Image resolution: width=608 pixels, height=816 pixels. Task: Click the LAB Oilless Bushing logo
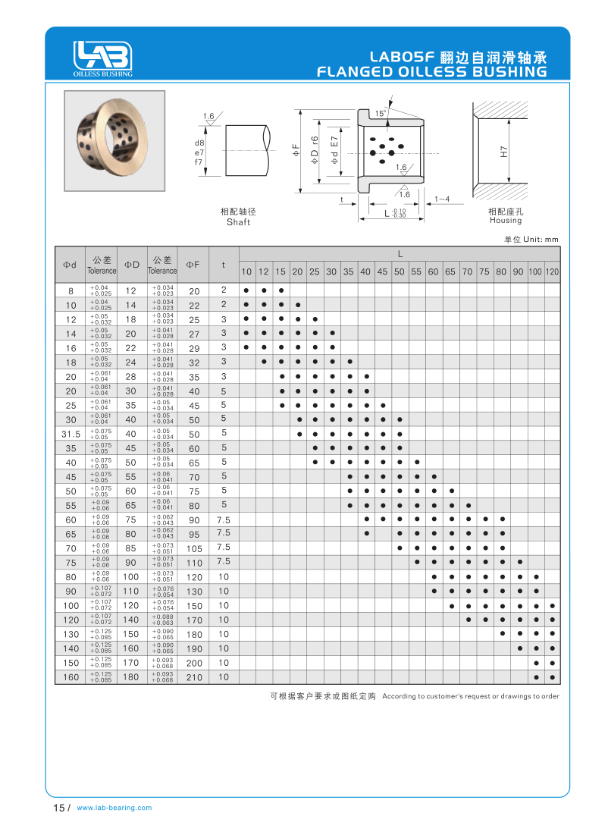click(102, 58)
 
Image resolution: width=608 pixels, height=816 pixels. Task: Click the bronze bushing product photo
click(114, 140)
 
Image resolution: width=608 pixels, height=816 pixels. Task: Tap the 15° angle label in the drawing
click(381, 113)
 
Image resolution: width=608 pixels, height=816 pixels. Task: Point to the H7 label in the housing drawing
click(503, 150)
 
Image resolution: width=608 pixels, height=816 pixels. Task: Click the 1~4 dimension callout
click(443, 199)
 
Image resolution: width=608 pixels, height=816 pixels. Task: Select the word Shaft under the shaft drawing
click(238, 222)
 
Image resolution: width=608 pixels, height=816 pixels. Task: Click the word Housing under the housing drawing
click(506, 221)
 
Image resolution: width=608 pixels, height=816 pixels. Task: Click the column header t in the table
click(224, 265)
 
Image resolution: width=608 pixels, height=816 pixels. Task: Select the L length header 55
click(416, 271)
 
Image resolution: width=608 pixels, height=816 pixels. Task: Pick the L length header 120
click(553, 271)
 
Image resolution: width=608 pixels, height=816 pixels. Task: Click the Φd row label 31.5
click(71, 434)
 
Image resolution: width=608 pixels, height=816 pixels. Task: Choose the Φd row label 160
click(71, 677)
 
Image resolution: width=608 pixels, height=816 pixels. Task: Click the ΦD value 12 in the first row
click(131, 290)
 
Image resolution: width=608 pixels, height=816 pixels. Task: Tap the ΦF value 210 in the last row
click(194, 677)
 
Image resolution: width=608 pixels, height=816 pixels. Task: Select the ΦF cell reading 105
click(194, 548)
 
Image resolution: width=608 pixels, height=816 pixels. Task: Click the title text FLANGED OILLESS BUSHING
click(431, 72)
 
